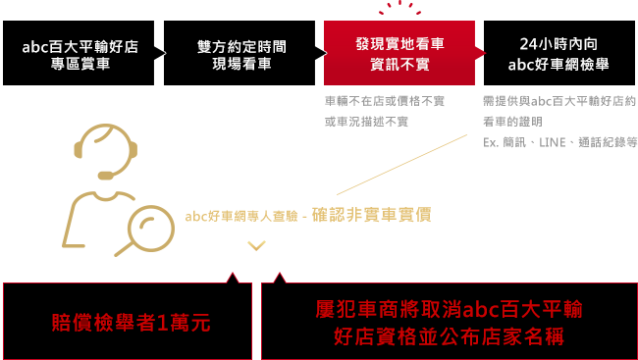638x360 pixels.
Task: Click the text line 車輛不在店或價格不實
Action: point(384,101)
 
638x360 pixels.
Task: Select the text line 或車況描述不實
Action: point(368,121)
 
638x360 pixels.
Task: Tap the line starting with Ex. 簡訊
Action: point(559,142)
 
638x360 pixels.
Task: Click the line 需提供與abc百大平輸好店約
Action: point(559,101)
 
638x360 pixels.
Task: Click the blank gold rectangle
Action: point(402,165)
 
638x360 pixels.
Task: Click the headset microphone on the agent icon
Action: point(105,176)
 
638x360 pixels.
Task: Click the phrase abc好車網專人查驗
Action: point(244,216)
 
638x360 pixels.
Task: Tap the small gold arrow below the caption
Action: point(258,245)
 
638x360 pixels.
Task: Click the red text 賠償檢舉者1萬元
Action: point(131,323)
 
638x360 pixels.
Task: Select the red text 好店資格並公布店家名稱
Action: point(449,335)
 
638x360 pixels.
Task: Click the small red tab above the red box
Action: point(400,9)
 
